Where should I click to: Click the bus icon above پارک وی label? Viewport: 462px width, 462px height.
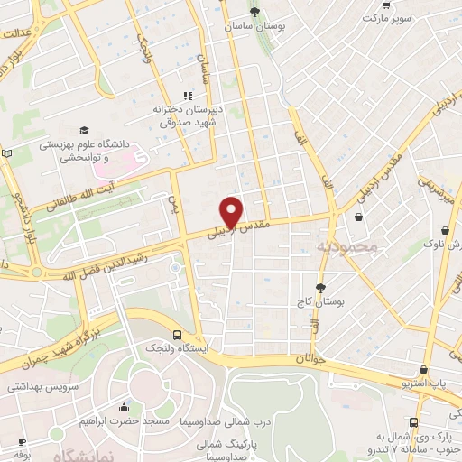(414, 422)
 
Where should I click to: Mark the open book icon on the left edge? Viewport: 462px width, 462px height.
(8, 155)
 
